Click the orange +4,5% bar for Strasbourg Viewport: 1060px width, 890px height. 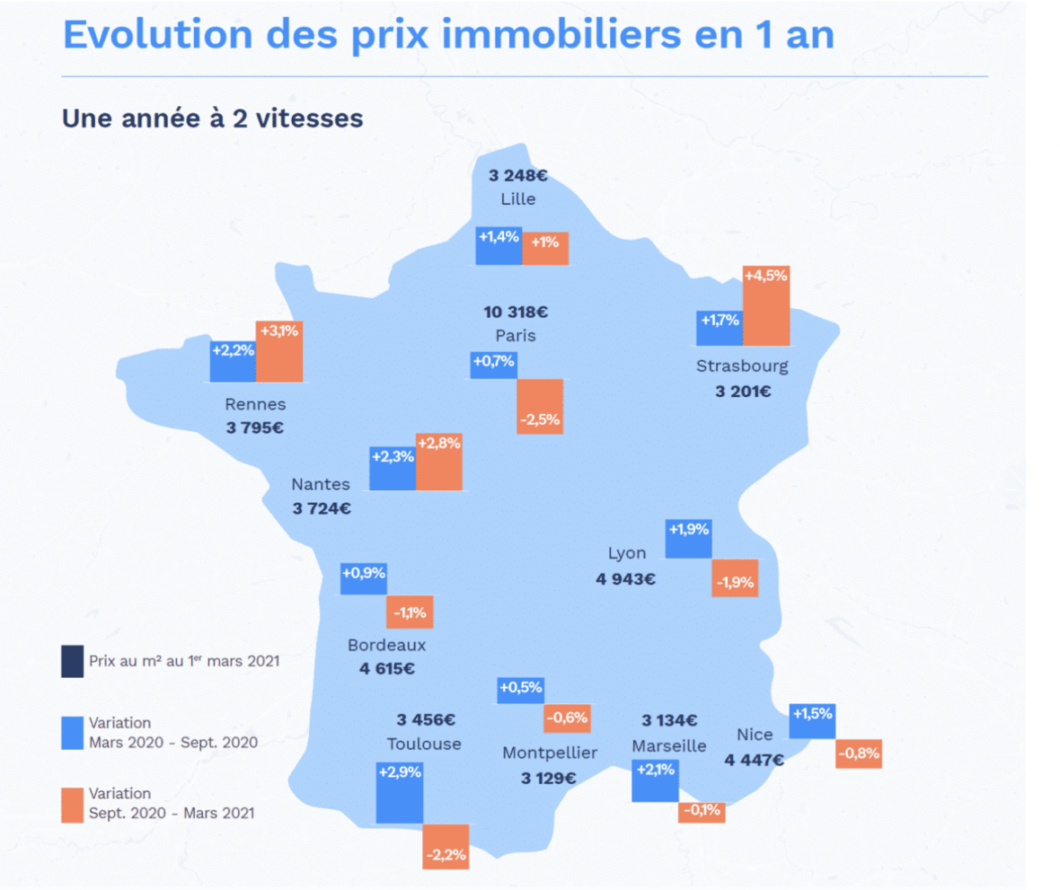(766, 306)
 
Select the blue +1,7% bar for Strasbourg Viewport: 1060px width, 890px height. (720, 328)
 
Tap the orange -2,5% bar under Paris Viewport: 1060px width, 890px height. (540, 407)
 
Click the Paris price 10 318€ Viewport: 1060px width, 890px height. (516, 313)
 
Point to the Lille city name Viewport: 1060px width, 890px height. (518, 198)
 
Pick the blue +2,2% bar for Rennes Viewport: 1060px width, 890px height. (233, 361)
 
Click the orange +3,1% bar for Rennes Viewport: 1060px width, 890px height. (279, 351)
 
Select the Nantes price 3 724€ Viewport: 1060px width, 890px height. (322, 508)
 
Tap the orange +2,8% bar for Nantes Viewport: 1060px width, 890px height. (438, 462)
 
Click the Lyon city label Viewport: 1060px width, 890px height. (626, 553)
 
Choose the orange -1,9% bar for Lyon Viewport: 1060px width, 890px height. (735, 579)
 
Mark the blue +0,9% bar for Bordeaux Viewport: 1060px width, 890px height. (364, 578)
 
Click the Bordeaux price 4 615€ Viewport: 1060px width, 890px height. (386, 668)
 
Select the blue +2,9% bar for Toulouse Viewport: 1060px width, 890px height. (400, 793)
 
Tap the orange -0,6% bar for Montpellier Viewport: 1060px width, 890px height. (567, 718)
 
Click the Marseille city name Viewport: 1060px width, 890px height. (669, 745)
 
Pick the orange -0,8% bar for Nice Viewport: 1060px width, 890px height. (858, 754)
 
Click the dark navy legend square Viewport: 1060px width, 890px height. (73, 661)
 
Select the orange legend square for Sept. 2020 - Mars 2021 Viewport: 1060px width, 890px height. (73, 805)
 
